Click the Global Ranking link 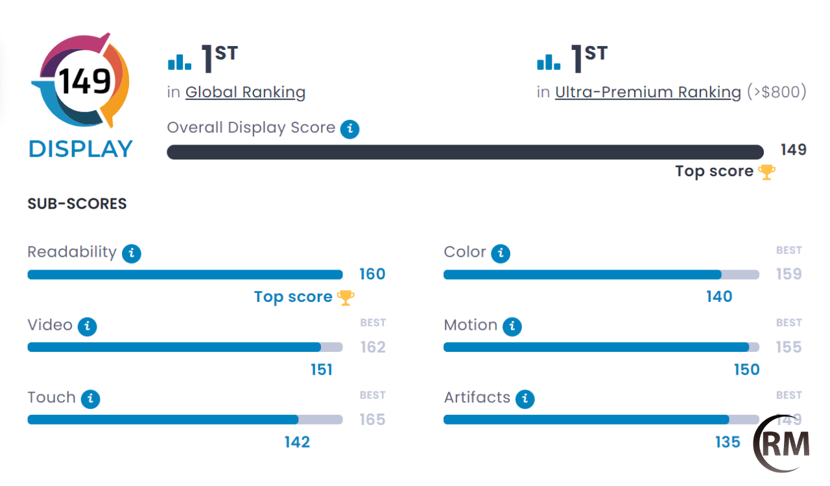pos(245,92)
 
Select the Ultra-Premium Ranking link pos(648,92)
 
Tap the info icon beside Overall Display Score pos(350,129)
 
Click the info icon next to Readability pos(132,253)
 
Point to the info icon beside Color pos(501,253)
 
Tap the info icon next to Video pos(87,326)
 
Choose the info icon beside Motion pos(512,326)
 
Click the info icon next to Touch pos(90,399)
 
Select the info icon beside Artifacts pos(525,399)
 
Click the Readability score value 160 pos(372,274)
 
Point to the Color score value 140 pos(719,297)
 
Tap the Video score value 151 pos(322,369)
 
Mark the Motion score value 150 pos(746,369)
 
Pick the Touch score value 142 pos(297,442)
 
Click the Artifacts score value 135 pos(728,442)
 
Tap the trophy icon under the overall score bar pos(767,172)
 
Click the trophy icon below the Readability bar pos(346,297)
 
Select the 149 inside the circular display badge pos(85,82)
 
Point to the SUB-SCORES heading pos(77,204)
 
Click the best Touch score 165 pos(373,420)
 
